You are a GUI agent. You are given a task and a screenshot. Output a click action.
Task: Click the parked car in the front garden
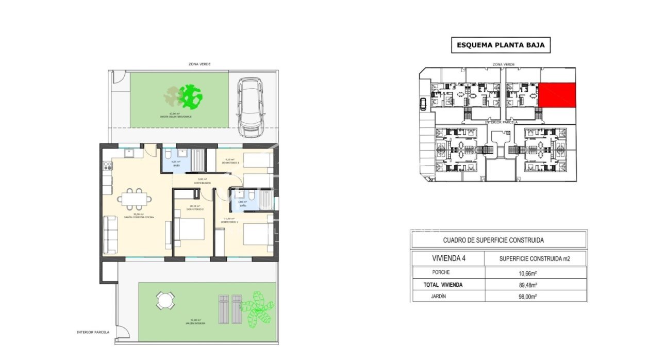pyautogui.click(x=250, y=108)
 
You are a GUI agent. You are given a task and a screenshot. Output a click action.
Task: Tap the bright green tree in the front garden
pyautogui.click(x=191, y=95)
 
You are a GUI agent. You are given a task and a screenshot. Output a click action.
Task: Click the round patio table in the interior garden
pyautogui.click(x=165, y=300)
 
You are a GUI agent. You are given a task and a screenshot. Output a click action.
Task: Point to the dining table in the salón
pyautogui.click(x=135, y=198)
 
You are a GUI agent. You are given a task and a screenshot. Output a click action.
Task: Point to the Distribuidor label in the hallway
pyautogui.click(x=202, y=183)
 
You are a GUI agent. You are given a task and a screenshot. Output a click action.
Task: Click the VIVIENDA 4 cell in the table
pyautogui.click(x=447, y=258)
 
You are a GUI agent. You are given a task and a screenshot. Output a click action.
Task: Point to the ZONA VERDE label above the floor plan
pyautogui.click(x=199, y=64)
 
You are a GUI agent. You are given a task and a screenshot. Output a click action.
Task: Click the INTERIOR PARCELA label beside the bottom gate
pyautogui.click(x=93, y=332)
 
